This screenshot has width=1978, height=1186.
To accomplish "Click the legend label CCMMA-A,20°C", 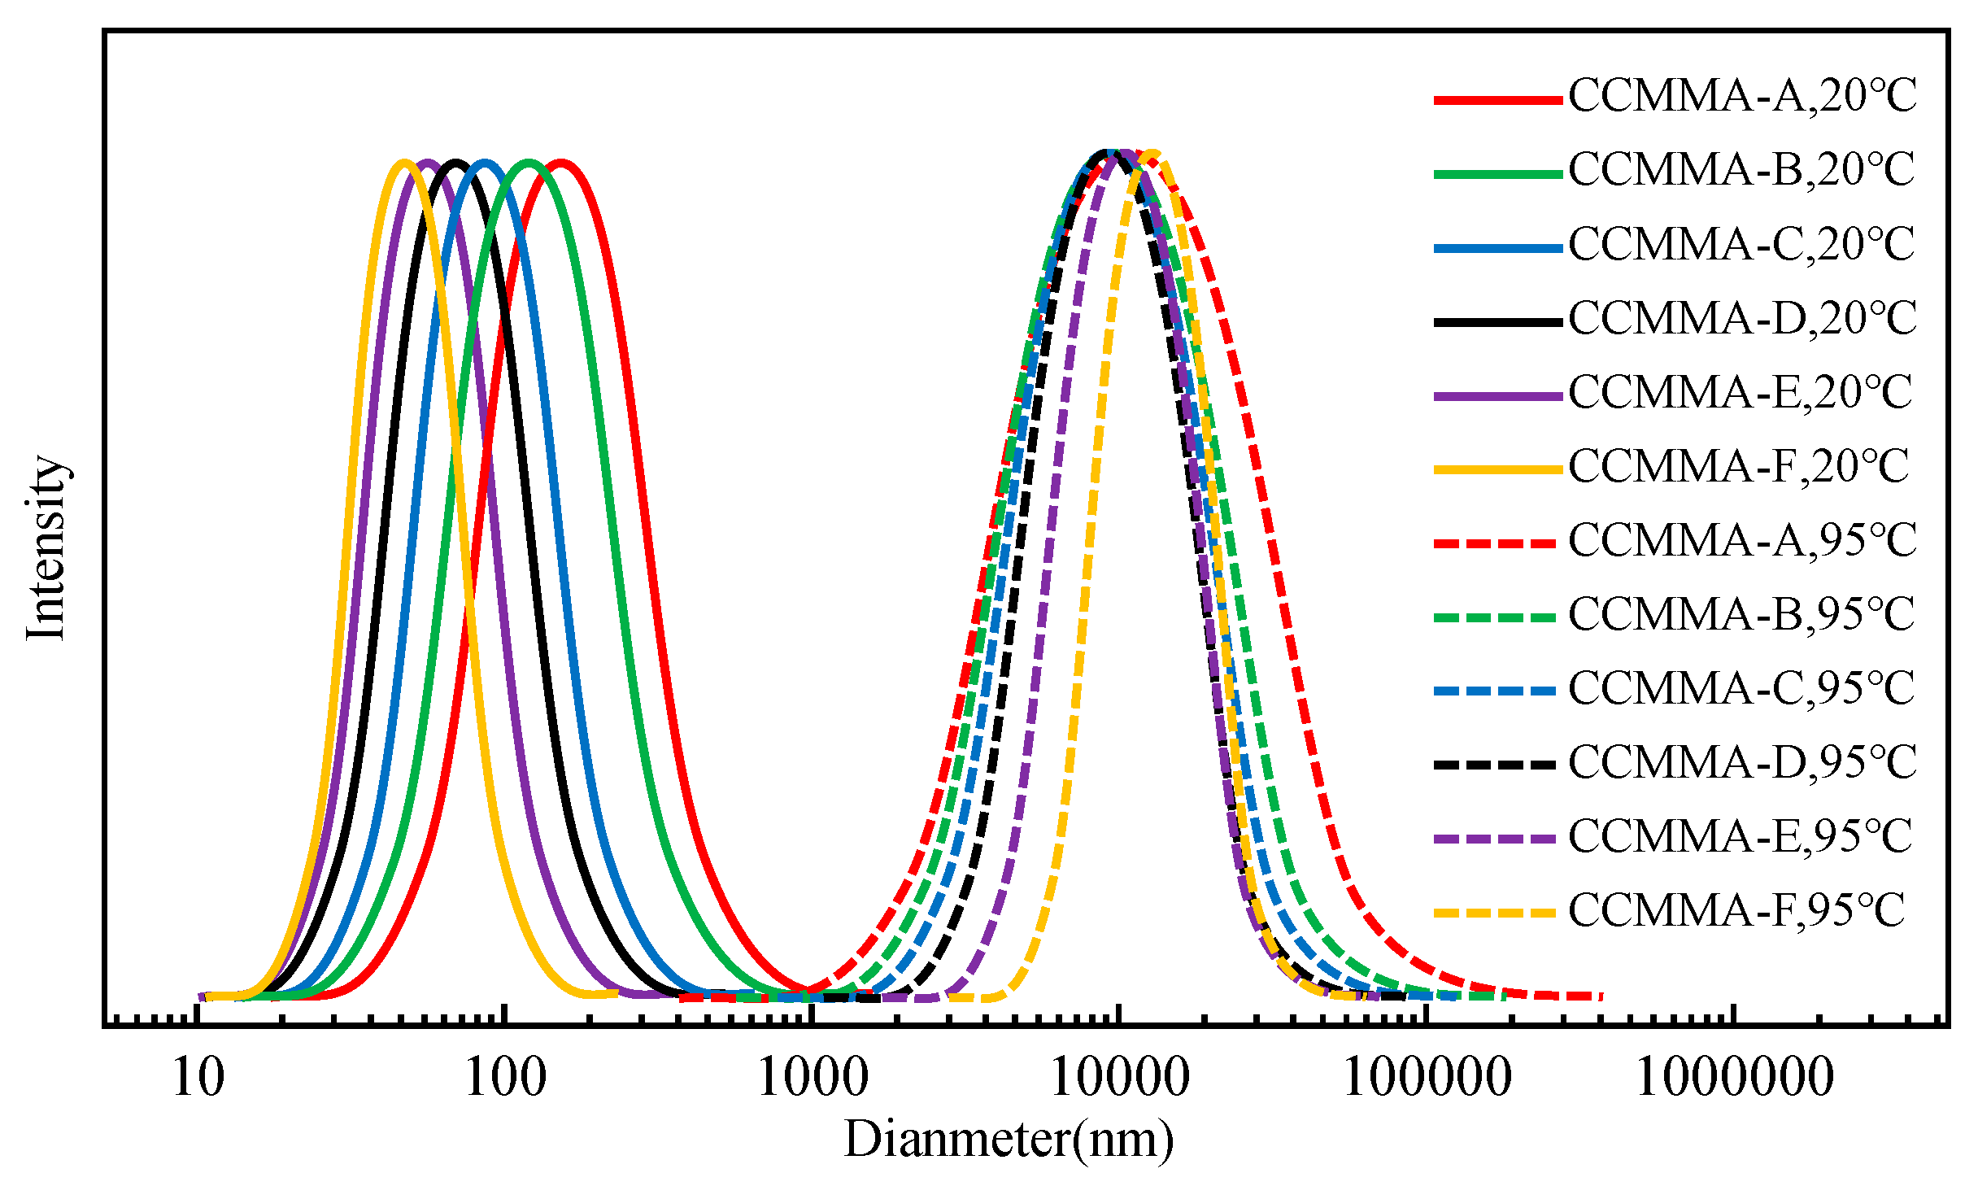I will pyautogui.click(x=1742, y=97).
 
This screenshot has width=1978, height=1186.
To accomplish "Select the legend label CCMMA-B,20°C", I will pyautogui.click(x=1742, y=171).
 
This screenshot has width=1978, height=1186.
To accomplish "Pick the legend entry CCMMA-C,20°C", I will pyautogui.click(x=1742, y=245).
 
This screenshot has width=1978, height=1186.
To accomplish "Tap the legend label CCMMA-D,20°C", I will pyautogui.click(x=1742, y=319).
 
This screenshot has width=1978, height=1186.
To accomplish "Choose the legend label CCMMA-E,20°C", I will pyautogui.click(x=1741, y=393).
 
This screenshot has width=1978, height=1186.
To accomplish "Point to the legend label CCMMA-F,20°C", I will pyautogui.click(x=1739, y=467).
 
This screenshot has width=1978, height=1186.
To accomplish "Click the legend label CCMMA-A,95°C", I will pyautogui.click(x=1742, y=541).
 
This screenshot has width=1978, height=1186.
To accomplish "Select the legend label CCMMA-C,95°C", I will pyautogui.click(x=1742, y=689).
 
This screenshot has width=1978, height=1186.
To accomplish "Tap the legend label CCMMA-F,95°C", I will pyautogui.click(x=1737, y=911).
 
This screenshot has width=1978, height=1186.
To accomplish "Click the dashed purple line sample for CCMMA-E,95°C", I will pyautogui.click(x=1495, y=839).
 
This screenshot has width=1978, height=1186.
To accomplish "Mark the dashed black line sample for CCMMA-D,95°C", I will pyautogui.click(x=1495, y=765).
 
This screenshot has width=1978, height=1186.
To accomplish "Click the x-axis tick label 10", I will pyautogui.click(x=198, y=1079).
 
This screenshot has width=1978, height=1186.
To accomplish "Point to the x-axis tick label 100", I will pyautogui.click(x=505, y=1079).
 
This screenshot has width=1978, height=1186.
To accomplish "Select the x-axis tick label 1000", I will pyautogui.click(x=813, y=1079).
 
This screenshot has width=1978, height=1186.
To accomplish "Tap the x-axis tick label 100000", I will pyautogui.click(x=1427, y=1079).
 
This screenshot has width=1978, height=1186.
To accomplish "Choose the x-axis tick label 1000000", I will pyautogui.click(x=1734, y=1079).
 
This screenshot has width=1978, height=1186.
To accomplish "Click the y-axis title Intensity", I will pyautogui.click(x=46, y=548).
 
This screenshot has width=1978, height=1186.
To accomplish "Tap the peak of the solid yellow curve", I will pyautogui.click(x=404, y=162).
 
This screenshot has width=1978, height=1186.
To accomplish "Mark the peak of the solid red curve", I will pyautogui.click(x=560, y=162).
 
